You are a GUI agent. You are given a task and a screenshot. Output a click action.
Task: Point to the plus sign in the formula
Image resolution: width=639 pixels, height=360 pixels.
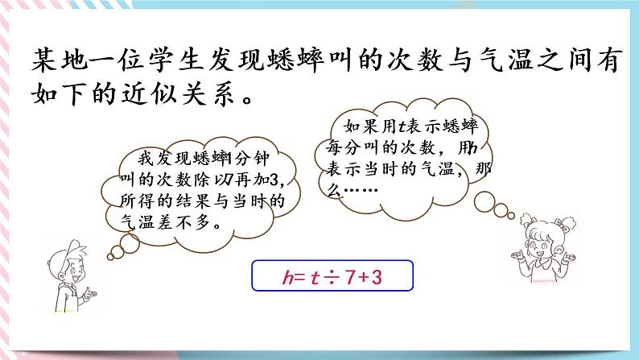point(370,279)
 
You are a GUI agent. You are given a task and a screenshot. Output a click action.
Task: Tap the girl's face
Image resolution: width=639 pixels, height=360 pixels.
point(536,241)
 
